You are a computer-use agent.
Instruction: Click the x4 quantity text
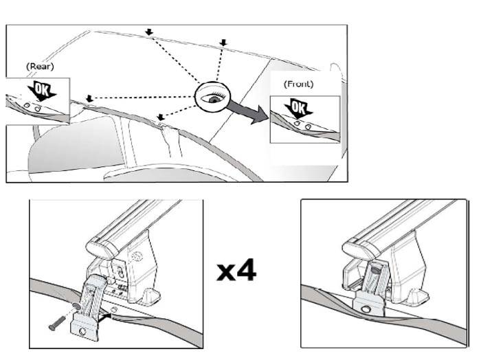[236, 270]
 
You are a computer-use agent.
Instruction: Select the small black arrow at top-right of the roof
[223, 44]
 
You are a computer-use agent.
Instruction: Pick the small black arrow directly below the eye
[161, 117]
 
